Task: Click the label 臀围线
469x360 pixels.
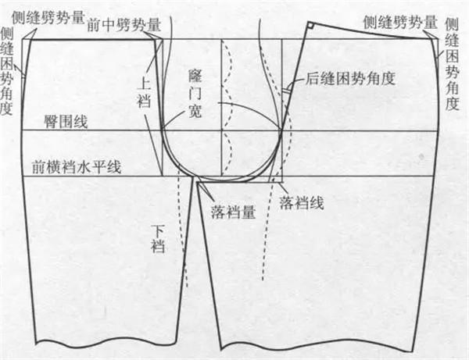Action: (66, 122)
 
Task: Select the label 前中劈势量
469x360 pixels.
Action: (124, 25)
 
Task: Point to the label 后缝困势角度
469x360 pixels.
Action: (350, 78)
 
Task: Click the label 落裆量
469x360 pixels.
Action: (233, 212)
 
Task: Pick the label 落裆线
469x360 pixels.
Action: (302, 203)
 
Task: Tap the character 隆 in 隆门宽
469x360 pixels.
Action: (195, 76)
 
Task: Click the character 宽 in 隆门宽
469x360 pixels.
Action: (195, 111)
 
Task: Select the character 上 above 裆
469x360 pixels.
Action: (144, 85)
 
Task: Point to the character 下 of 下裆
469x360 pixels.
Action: (158, 231)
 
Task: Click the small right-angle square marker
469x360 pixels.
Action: (311, 26)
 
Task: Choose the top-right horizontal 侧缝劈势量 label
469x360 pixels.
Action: (400, 22)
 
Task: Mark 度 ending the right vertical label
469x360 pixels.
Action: (452, 103)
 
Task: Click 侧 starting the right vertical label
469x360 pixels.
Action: (452, 24)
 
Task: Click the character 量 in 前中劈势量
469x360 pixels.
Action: (155, 25)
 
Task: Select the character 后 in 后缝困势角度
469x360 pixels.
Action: (312, 78)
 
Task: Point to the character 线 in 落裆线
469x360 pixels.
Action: (317, 203)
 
